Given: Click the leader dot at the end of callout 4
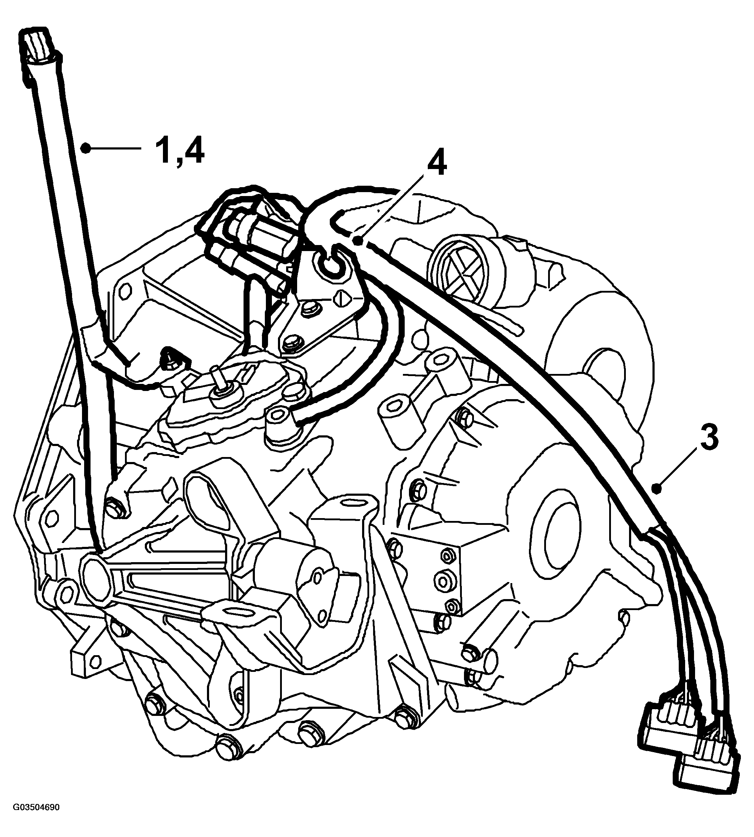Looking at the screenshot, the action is click(357, 239).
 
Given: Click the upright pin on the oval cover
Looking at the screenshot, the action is click(216, 379).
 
